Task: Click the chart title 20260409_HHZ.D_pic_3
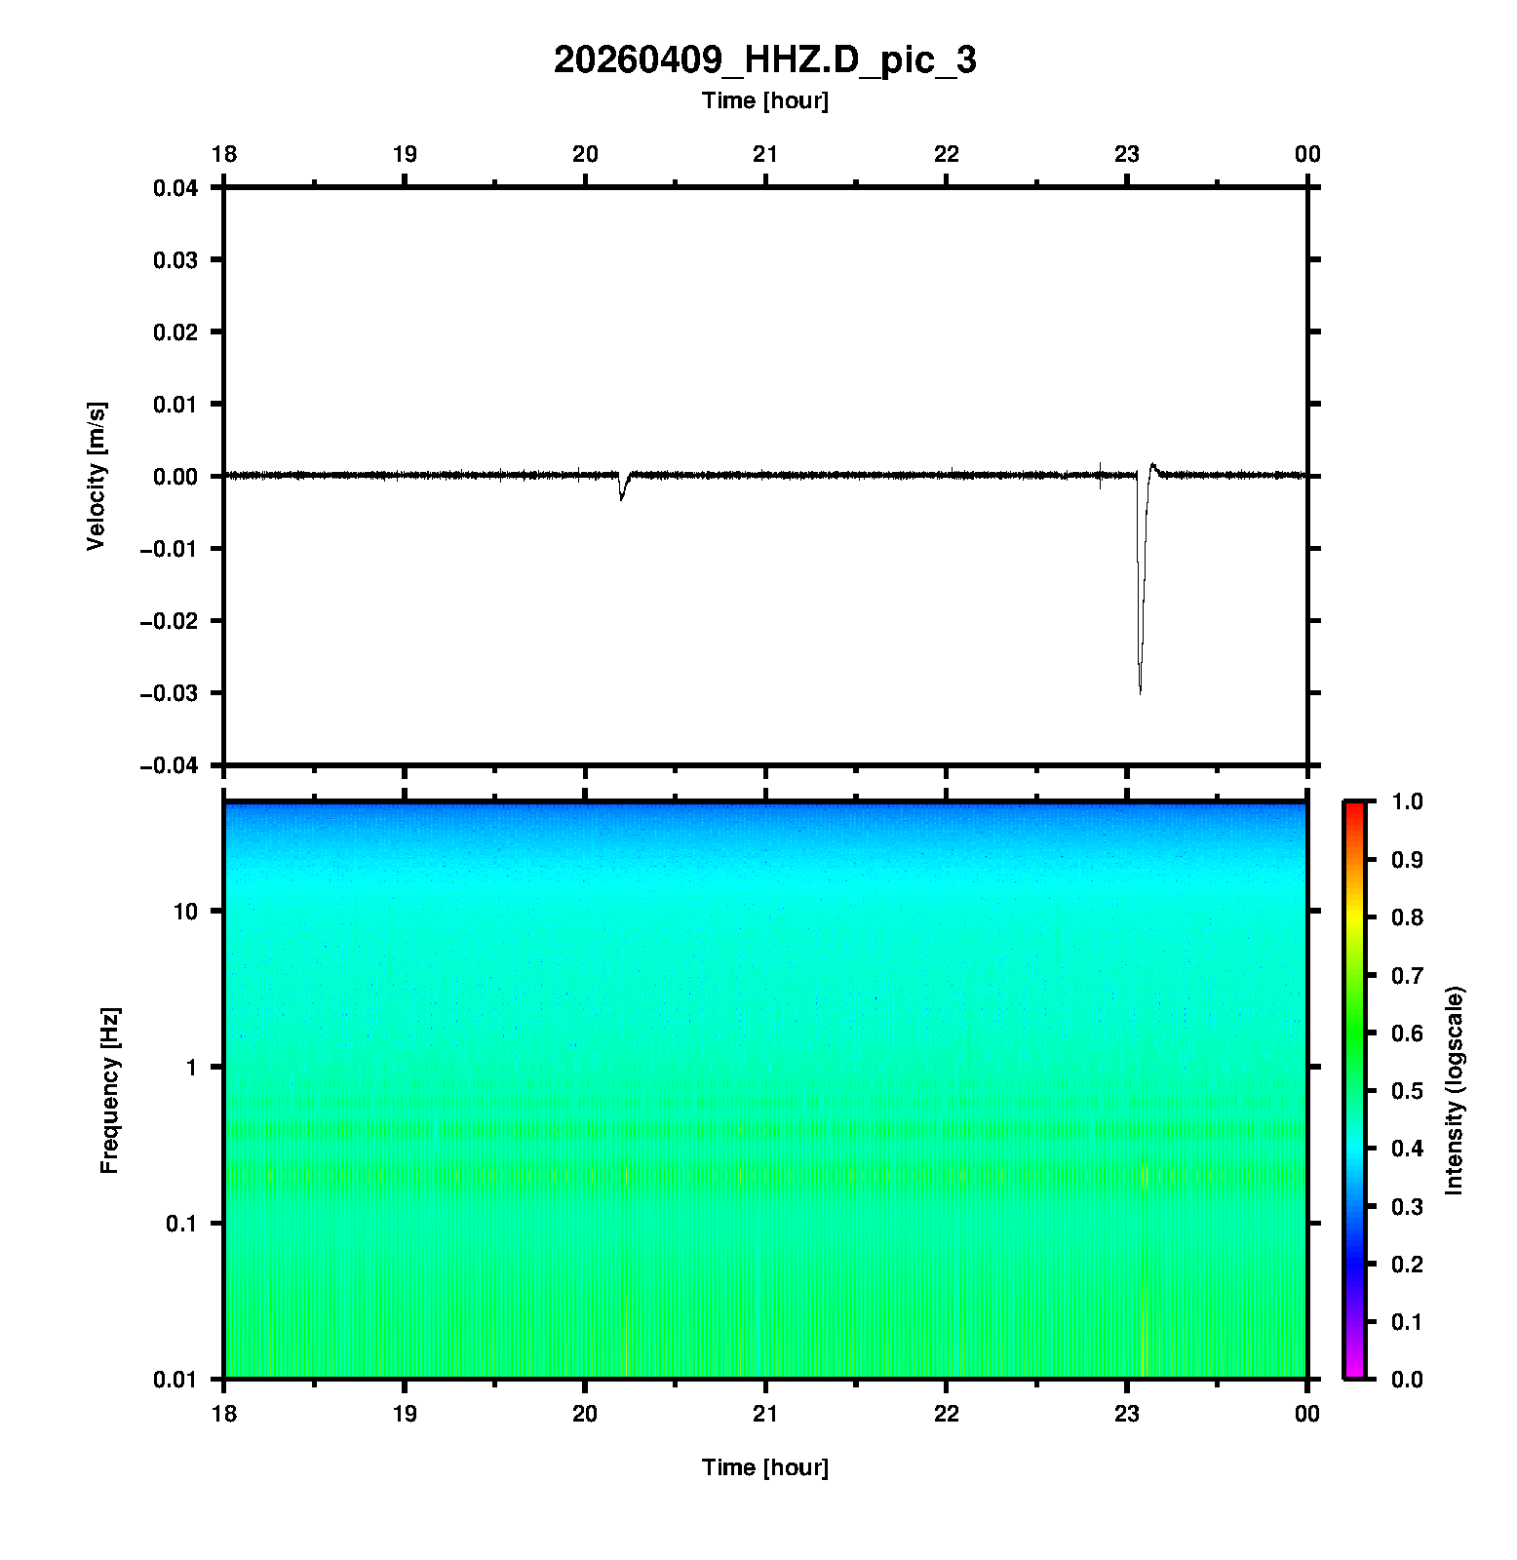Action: [x=764, y=60]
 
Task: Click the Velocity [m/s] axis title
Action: [x=96, y=476]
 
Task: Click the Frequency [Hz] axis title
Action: [x=109, y=1090]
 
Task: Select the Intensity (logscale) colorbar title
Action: [x=1455, y=1090]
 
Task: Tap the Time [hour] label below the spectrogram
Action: [x=764, y=1467]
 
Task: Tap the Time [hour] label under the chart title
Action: [x=764, y=100]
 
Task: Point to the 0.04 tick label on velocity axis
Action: [x=175, y=187]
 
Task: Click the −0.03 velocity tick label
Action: [x=170, y=693]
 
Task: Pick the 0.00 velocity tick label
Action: [x=175, y=476]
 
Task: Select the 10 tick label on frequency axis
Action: [x=185, y=912]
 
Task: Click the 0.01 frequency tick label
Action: [x=175, y=1379]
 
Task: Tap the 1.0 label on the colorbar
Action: [x=1407, y=801]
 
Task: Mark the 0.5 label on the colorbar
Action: [x=1407, y=1090]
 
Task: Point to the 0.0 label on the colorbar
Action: [x=1407, y=1379]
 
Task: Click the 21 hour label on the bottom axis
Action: [x=765, y=1413]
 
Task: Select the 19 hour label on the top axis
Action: [x=405, y=154]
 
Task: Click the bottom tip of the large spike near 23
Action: [x=1141, y=692]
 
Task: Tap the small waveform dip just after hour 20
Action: [x=621, y=497]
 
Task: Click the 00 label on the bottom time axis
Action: [x=1307, y=1413]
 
